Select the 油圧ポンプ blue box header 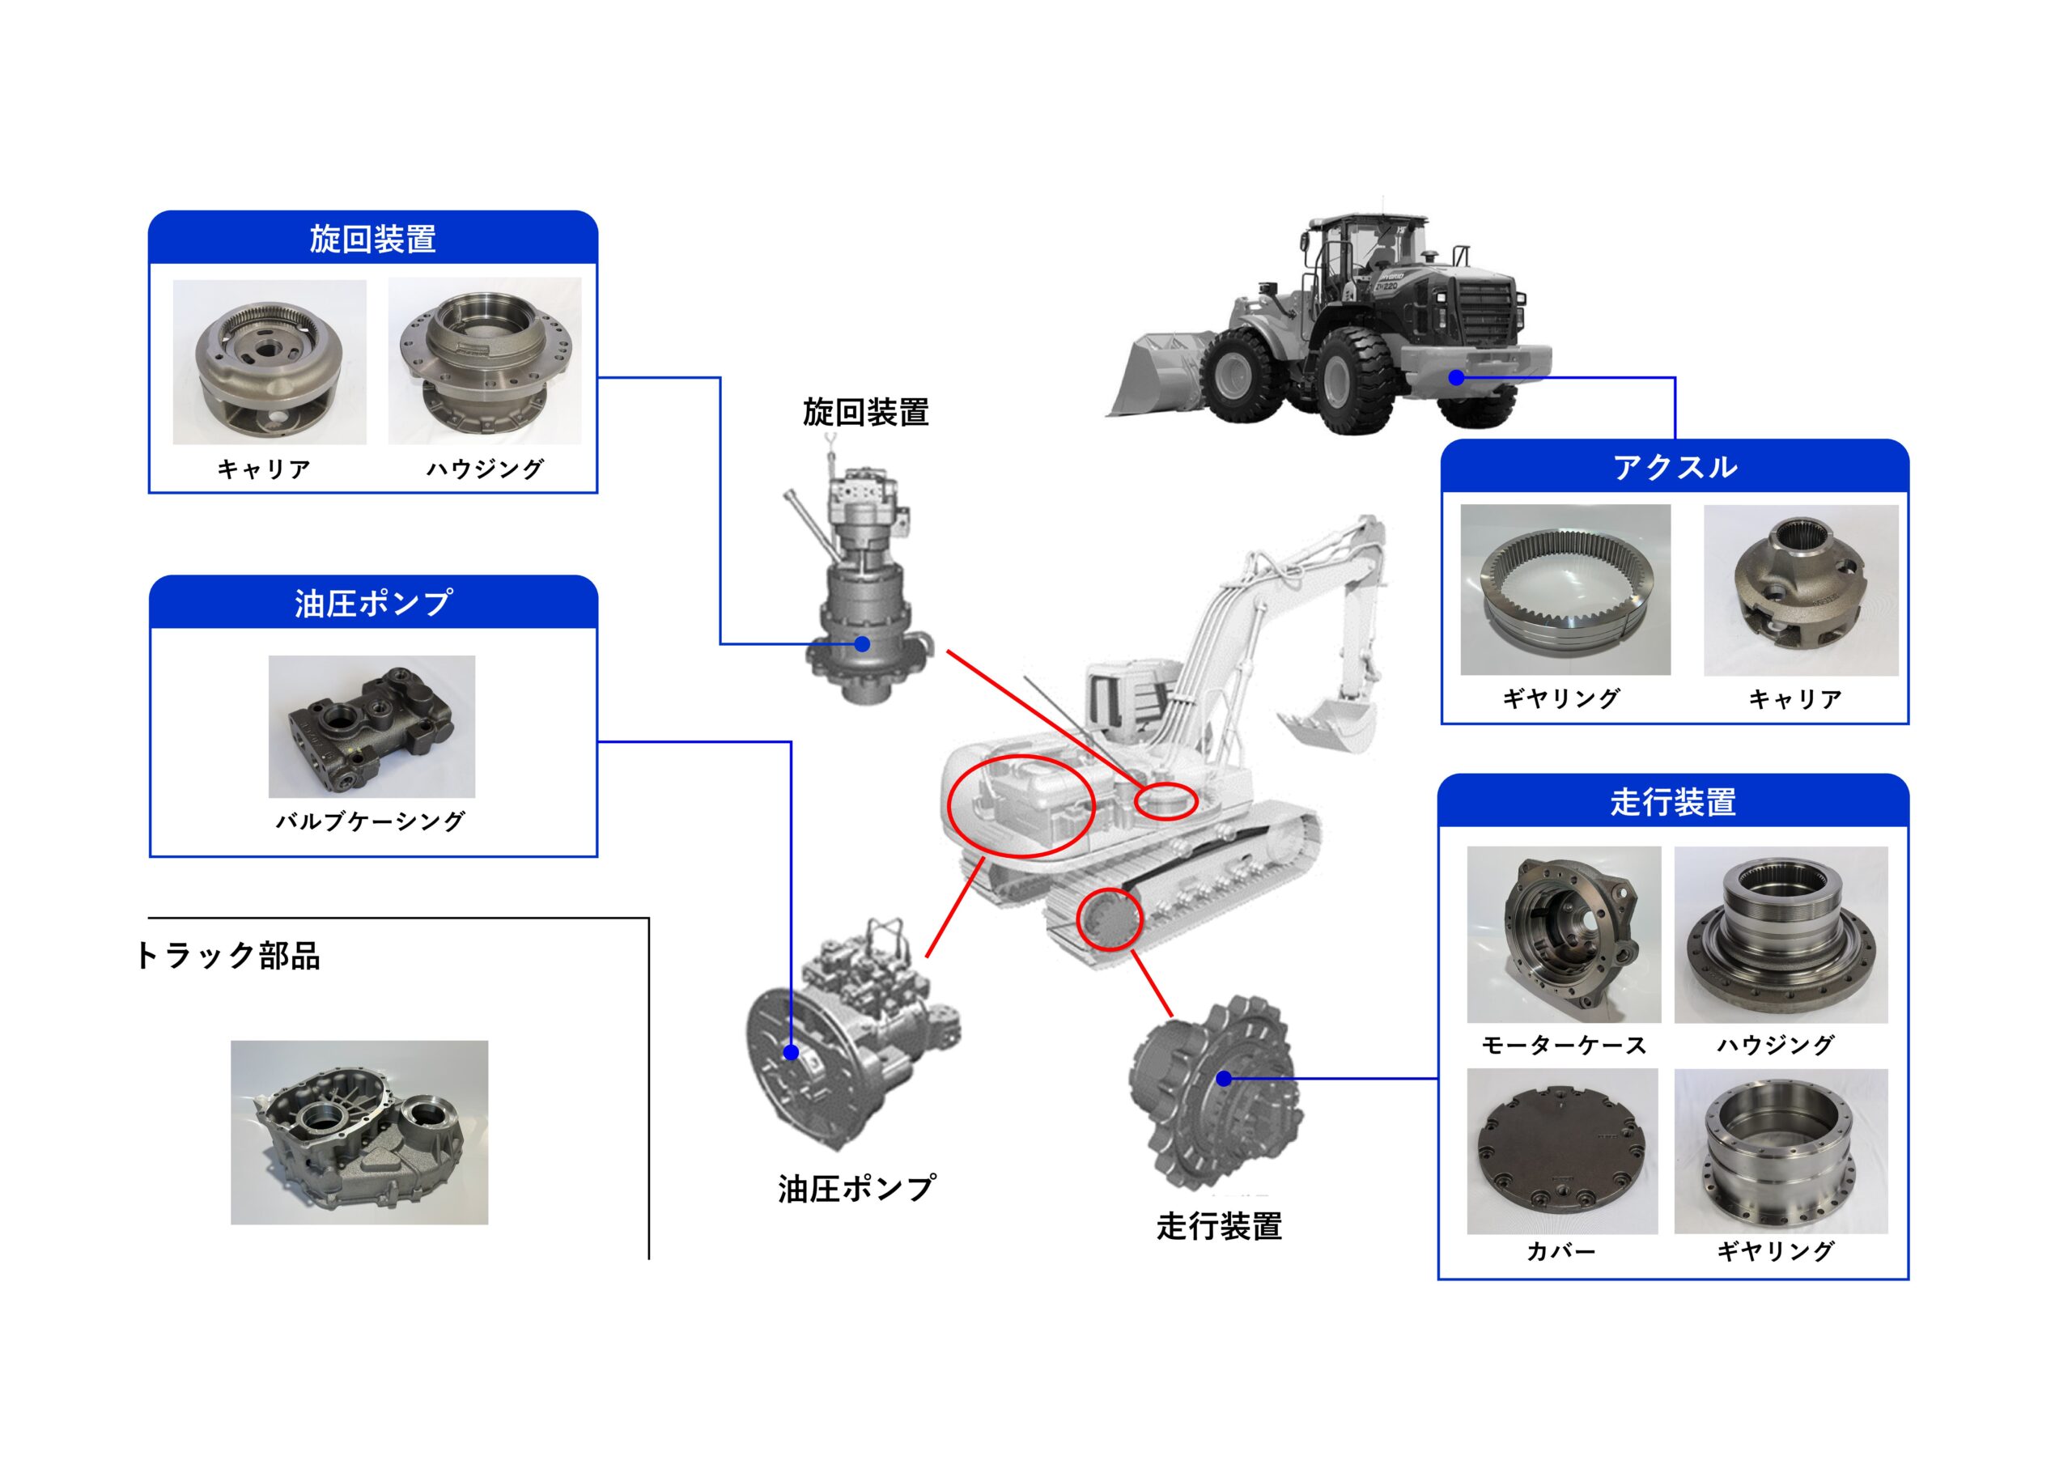pos(372,603)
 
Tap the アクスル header pos(1674,467)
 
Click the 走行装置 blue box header pos(1672,801)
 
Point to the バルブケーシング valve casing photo pos(372,727)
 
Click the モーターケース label pos(1564,1046)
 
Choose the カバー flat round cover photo pos(1562,1152)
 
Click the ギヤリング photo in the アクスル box pos(1565,589)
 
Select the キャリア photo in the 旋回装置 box pos(269,362)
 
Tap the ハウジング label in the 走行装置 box pos(1774,1046)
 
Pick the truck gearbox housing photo pos(359,1132)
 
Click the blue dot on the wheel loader pos(1455,377)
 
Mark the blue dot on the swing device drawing pos(862,643)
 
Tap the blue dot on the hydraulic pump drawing pos(792,1051)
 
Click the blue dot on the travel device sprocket pos(1224,1078)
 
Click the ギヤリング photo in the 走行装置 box pos(1781,1152)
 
